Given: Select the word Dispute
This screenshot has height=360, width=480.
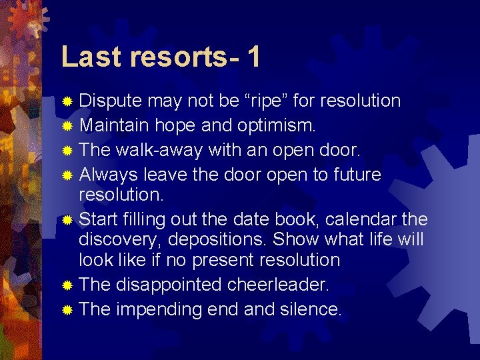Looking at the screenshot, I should pyautogui.click(x=111, y=101).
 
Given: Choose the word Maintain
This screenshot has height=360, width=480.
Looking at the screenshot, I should pyautogui.click(x=114, y=125).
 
